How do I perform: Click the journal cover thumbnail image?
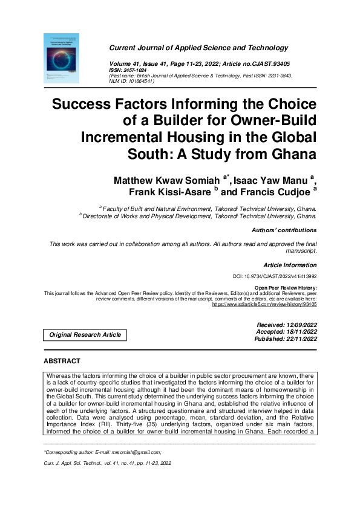click(x=62, y=58)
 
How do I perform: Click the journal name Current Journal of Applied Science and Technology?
click(x=198, y=48)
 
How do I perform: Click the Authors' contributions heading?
click(x=284, y=230)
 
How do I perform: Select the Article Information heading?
click(x=290, y=265)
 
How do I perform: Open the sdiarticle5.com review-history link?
click(x=264, y=305)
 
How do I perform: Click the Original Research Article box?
click(x=85, y=334)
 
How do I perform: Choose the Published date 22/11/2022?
click(x=298, y=339)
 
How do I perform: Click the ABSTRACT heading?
click(x=62, y=361)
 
